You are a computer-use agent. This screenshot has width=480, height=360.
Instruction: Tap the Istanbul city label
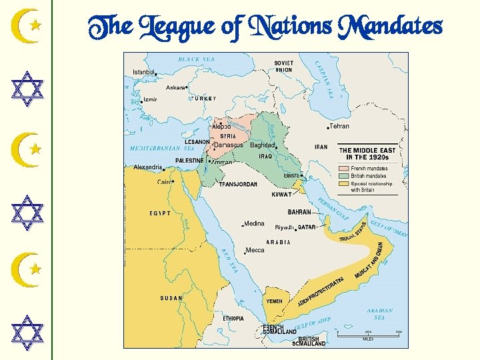click(x=143, y=72)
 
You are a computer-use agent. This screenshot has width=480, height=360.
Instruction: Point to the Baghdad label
click(x=263, y=145)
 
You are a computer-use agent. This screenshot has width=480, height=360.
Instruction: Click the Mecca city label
click(x=255, y=250)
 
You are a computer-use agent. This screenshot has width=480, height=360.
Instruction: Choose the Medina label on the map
click(x=254, y=223)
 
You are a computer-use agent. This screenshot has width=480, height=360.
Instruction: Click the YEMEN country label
click(x=274, y=301)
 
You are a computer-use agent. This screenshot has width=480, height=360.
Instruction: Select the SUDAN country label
click(x=171, y=298)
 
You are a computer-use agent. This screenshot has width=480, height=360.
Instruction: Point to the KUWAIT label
click(x=282, y=195)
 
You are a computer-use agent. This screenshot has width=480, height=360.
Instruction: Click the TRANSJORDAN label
click(x=238, y=184)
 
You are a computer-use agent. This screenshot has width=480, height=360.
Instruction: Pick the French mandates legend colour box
click(x=345, y=169)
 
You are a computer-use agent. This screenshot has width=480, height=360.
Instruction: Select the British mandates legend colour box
click(x=345, y=176)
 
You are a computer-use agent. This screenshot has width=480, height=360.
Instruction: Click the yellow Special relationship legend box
click(x=345, y=183)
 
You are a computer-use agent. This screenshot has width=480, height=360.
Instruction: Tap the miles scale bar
click(x=367, y=333)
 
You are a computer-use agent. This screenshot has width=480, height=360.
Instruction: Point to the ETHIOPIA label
click(x=233, y=319)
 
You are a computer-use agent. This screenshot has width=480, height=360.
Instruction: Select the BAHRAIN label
click(x=299, y=212)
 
